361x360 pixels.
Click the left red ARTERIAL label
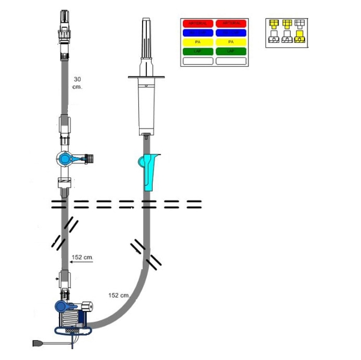click(198, 23)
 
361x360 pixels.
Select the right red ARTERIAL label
click(231, 23)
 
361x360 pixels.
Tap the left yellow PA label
click(198, 42)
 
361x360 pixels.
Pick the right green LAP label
click(231, 52)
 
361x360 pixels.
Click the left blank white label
click(198, 61)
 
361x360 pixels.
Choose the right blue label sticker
click(231, 33)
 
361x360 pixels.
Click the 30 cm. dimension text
click(77, 83)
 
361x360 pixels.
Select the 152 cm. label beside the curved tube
click(119, 295)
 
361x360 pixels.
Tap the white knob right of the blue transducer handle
click(88, 305)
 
